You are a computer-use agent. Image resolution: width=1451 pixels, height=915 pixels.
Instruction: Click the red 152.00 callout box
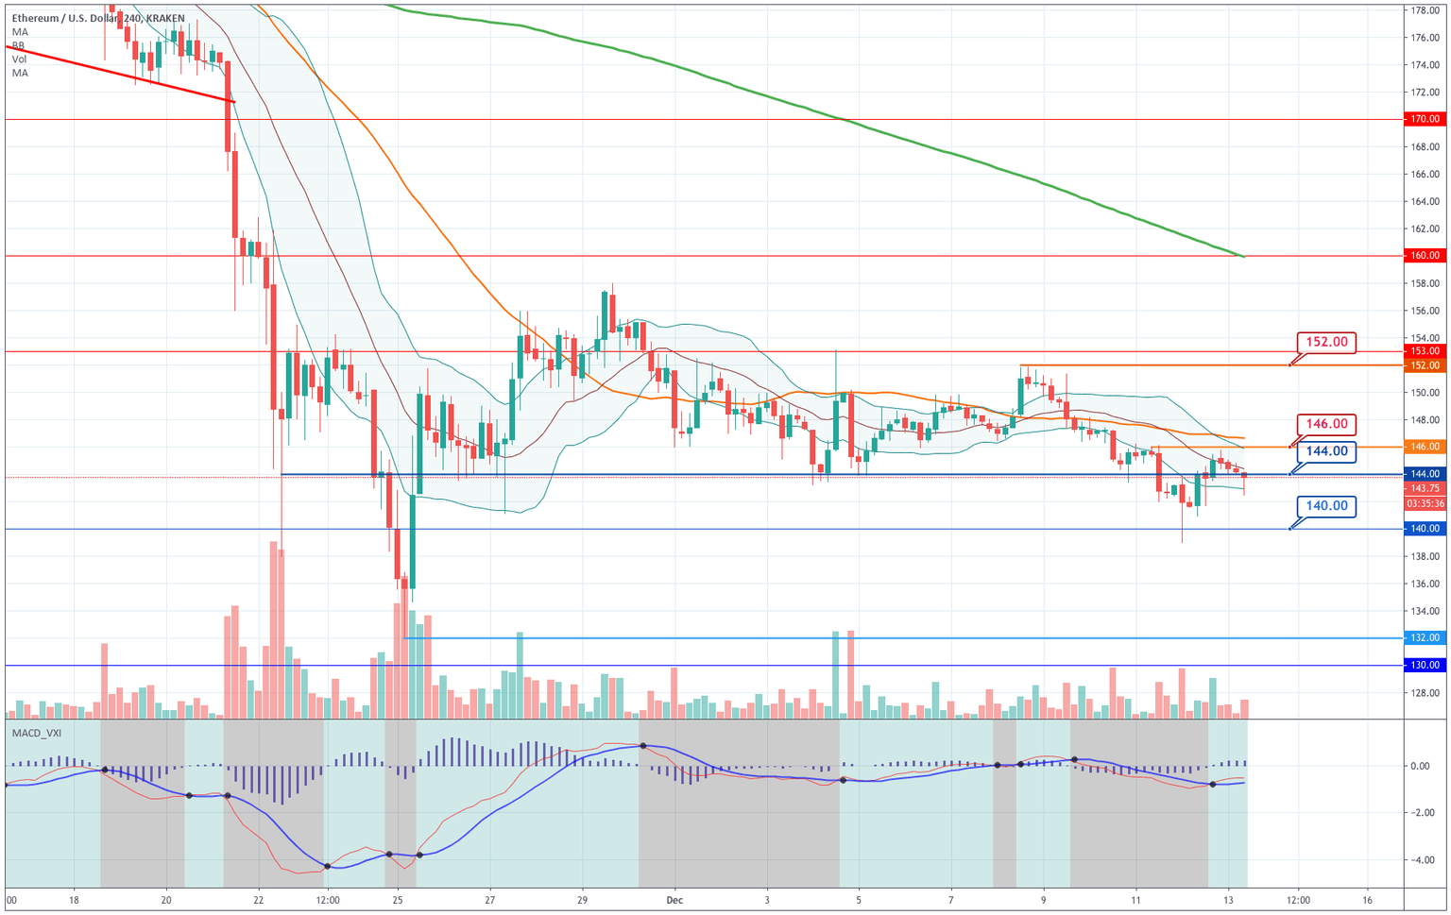coord(1326,342)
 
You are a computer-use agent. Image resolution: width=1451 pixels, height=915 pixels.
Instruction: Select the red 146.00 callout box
coord(1326,424)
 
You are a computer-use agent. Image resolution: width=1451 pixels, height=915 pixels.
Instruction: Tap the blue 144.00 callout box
coord(1326,451)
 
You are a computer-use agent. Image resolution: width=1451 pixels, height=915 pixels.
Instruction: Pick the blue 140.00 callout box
coord(1326,506)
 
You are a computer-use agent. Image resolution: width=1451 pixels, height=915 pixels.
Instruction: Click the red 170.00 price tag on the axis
coord(1425,119)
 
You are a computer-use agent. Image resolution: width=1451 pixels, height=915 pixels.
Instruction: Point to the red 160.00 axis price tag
coord(1425,256)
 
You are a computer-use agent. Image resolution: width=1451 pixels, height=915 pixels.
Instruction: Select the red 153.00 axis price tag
coord(1425,351)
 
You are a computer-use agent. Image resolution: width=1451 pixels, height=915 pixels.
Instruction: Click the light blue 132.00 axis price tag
coord(1425,638)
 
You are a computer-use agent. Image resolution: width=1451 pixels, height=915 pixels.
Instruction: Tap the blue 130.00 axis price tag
coord(1425,666)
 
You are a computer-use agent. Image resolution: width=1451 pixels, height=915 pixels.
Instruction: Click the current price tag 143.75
coord(1425,488)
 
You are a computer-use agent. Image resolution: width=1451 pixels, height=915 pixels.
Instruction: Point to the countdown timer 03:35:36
coord(1425,503)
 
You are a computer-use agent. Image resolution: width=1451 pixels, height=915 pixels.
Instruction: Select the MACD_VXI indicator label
coord(37,733)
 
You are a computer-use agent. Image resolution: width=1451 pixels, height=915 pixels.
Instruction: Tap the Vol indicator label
coord(19,59)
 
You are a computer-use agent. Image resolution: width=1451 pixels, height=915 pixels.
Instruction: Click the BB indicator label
coord(19,45)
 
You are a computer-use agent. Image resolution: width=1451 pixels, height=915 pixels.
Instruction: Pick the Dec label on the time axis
coord(674,900)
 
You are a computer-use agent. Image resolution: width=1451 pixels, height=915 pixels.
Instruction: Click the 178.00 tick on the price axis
coord(1425,11)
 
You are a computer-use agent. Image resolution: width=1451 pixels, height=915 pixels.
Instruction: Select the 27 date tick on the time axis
coord(489,900)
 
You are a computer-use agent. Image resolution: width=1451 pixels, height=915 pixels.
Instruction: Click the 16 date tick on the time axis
coord(1367,900)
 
